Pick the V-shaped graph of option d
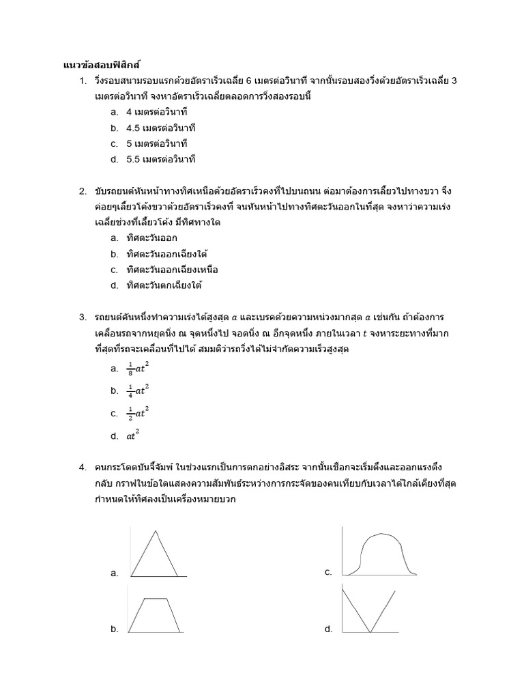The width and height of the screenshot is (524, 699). coord(369,610)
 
